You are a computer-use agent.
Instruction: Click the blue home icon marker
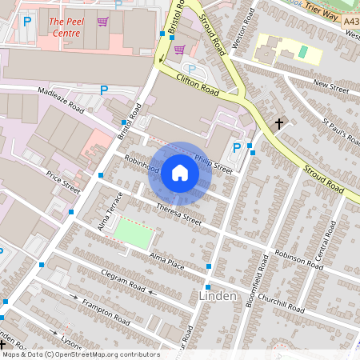pos(180,173)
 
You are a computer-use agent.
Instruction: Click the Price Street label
pos(63,182)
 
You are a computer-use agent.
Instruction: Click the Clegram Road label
pos(124,282)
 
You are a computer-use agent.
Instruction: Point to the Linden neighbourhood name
pos(216,297)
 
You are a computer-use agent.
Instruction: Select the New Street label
pos(331,83)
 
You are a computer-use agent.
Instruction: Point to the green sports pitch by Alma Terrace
pos(133,234)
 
